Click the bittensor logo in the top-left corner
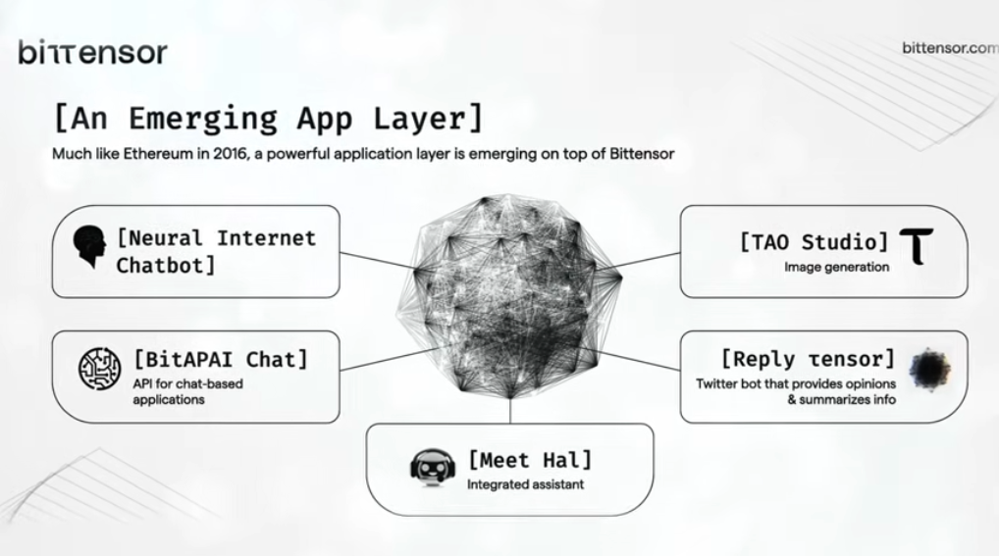pos(92,52)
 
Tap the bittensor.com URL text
pos(949,47)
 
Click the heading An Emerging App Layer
pos(268,118)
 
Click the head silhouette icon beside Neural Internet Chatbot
pos(91,248)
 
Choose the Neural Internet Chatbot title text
pos(216,251)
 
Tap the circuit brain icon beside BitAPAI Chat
pos(99,369)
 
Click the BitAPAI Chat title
pos(221,360)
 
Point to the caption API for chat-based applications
pos(187,391)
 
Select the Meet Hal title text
pos(530,459)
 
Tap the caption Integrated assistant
pos(525,484)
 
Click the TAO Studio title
pos(814,242)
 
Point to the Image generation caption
pos(836,267)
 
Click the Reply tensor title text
pos(807,359)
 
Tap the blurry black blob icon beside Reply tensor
pos(928,369)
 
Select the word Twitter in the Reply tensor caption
pos(718,383)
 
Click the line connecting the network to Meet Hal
pos(510,410)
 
